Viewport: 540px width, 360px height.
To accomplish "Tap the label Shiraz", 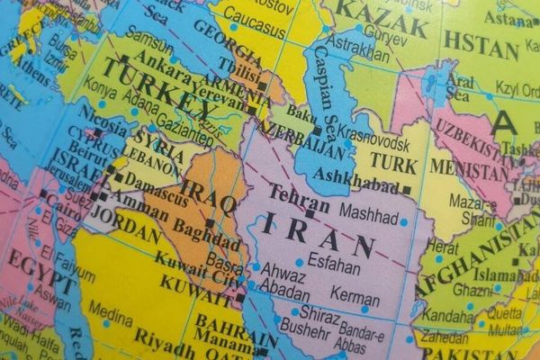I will tap(319, 312).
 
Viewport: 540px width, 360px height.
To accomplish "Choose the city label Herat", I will tap(443, 245).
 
